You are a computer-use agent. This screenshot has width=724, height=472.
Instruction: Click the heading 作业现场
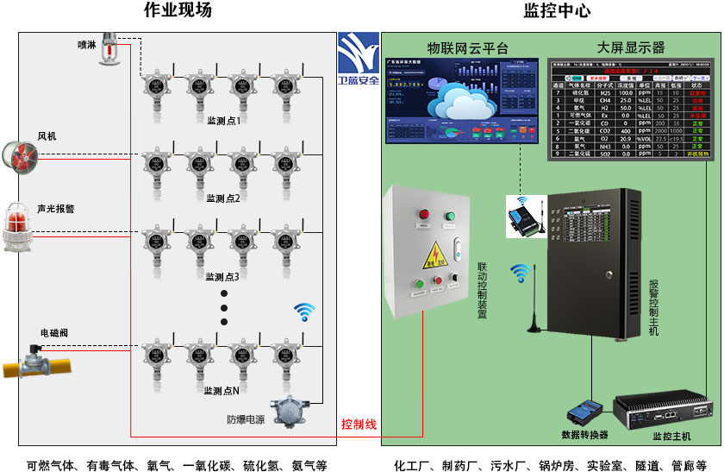(177, 10)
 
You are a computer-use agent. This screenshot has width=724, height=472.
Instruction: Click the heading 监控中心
(557, 10)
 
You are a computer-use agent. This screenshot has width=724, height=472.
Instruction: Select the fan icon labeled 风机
(20, 157)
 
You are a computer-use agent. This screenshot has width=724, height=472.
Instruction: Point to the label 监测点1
(223, 121)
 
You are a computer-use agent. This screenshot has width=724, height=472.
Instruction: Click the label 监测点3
(222, 277)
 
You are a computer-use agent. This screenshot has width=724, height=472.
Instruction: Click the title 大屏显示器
(631, 47)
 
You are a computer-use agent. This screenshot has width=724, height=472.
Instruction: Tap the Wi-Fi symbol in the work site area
(304, 312)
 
